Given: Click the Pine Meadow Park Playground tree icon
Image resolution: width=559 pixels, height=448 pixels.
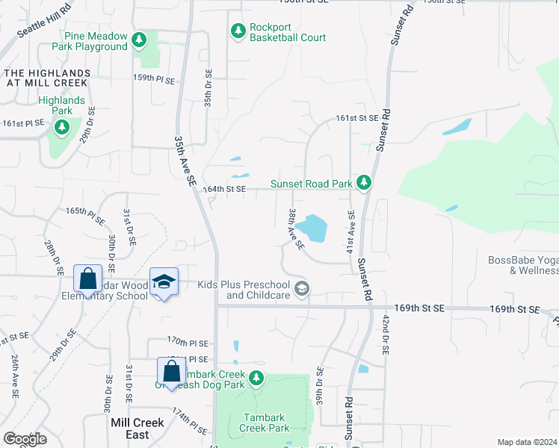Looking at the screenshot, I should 138,39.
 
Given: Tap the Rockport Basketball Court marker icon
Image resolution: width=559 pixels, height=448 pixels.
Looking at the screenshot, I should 238,31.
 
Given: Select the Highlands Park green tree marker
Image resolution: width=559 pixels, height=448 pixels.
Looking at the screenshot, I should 62,127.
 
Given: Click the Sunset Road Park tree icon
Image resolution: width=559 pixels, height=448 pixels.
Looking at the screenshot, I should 364,182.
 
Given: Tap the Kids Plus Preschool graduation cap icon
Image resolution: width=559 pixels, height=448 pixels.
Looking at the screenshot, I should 302,289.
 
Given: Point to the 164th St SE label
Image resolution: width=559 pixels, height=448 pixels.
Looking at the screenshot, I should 224,190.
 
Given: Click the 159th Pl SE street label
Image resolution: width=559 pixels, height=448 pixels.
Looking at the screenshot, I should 154,78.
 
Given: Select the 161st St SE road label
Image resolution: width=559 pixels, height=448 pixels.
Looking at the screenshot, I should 357,118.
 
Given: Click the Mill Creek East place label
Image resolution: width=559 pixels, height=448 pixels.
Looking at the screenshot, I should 137,428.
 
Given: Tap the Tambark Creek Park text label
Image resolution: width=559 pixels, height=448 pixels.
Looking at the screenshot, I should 264,423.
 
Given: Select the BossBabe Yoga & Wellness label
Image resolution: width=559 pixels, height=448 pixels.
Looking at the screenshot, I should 522,265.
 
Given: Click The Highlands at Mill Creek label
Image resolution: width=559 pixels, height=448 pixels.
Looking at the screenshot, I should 48,78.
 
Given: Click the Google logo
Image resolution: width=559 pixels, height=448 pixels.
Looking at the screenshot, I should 25,439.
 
